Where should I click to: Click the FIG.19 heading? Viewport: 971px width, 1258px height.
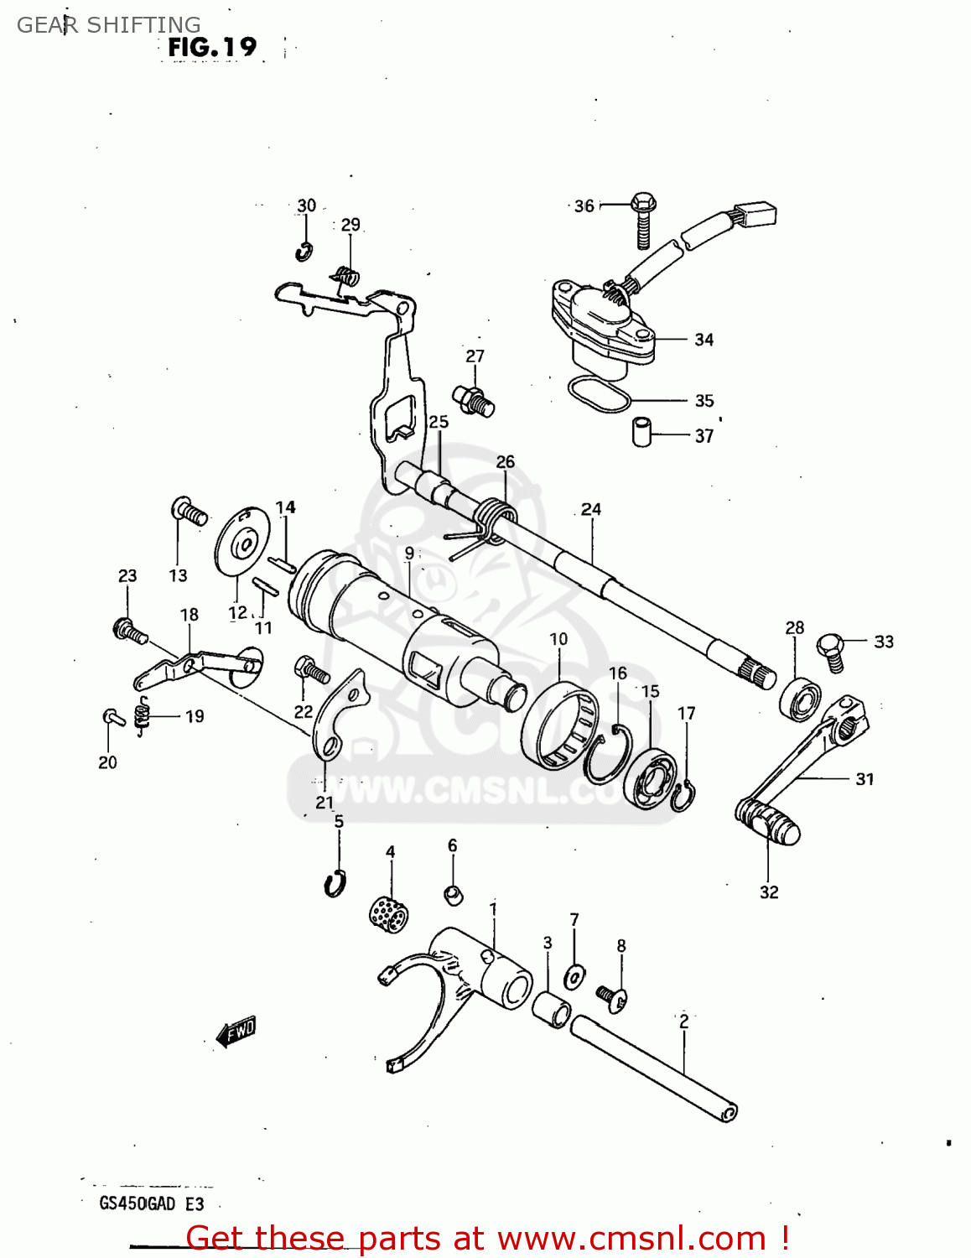coord(212,47)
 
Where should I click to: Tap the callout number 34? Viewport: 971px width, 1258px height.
coord(704,340)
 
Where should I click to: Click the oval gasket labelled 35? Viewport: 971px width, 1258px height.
coord(599,395)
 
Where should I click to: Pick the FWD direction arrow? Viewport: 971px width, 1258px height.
coord(236,1031)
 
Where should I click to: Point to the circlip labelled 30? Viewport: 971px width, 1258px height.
coord(304,251)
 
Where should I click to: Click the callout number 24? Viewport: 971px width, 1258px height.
coord(591,509)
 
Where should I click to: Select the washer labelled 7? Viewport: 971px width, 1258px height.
coord(575,976)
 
